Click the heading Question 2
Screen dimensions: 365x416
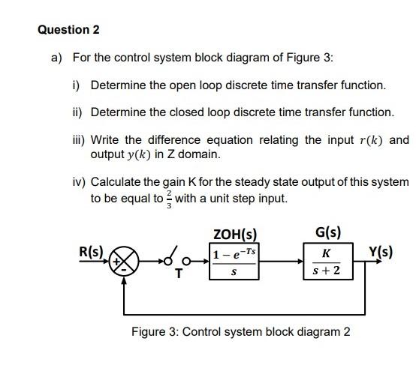coord(68,30)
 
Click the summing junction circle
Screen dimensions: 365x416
coord(128,262)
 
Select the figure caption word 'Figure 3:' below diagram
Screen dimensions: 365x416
coord(155,331)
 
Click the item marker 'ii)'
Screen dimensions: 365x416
coord(77,112)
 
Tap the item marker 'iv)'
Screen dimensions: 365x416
coord(78,182)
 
